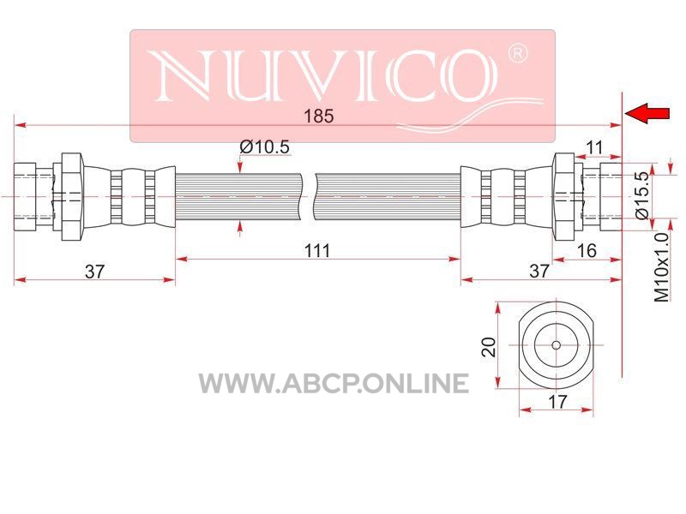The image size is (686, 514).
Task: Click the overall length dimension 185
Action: click(318, 117)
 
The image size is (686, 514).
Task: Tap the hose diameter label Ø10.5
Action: click(264, 146)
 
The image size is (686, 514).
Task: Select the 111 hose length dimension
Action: click(317, 251)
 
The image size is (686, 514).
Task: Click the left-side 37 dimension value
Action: click(95, 272)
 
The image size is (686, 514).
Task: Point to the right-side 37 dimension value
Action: click(539, 271)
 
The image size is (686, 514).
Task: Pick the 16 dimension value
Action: click(587, 250)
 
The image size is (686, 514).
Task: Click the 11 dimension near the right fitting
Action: click(594, 147)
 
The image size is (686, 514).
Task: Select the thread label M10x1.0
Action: click(662, 267)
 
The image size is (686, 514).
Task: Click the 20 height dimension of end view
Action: click(489, 347)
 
